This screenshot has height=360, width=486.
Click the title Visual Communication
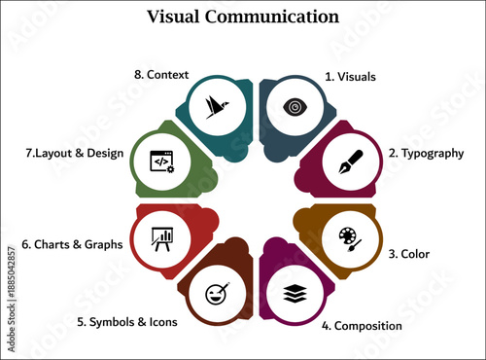243,17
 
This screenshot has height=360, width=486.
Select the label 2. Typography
426,153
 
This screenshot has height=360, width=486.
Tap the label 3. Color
409,253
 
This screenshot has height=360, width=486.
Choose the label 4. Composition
362,325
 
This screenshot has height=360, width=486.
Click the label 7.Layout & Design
65,153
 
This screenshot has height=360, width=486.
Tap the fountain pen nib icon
349,160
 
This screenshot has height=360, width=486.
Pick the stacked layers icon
293,292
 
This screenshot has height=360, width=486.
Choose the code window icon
161,160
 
